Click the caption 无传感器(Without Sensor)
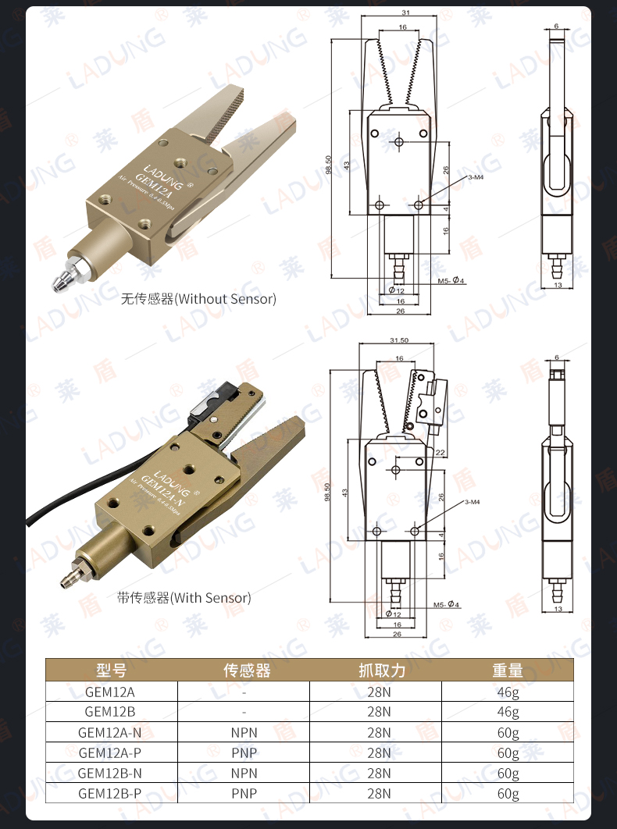tap(198, 299)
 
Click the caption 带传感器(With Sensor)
tap(184, 598)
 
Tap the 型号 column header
tap(111, 671)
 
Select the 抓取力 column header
tap(378, 671)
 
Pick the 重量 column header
tap(508, 671)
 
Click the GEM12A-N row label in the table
tap(110, 733)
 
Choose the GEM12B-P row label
tap(110, 794)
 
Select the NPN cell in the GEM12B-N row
tap(244, 774)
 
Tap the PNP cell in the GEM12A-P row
tap(244, 753)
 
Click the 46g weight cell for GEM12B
tap(508, 712)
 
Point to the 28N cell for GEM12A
tap(378, 692)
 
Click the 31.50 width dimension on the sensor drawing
tap(399, 340)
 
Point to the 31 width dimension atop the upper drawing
tap(405, 12)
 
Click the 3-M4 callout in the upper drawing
tap(476, 178)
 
